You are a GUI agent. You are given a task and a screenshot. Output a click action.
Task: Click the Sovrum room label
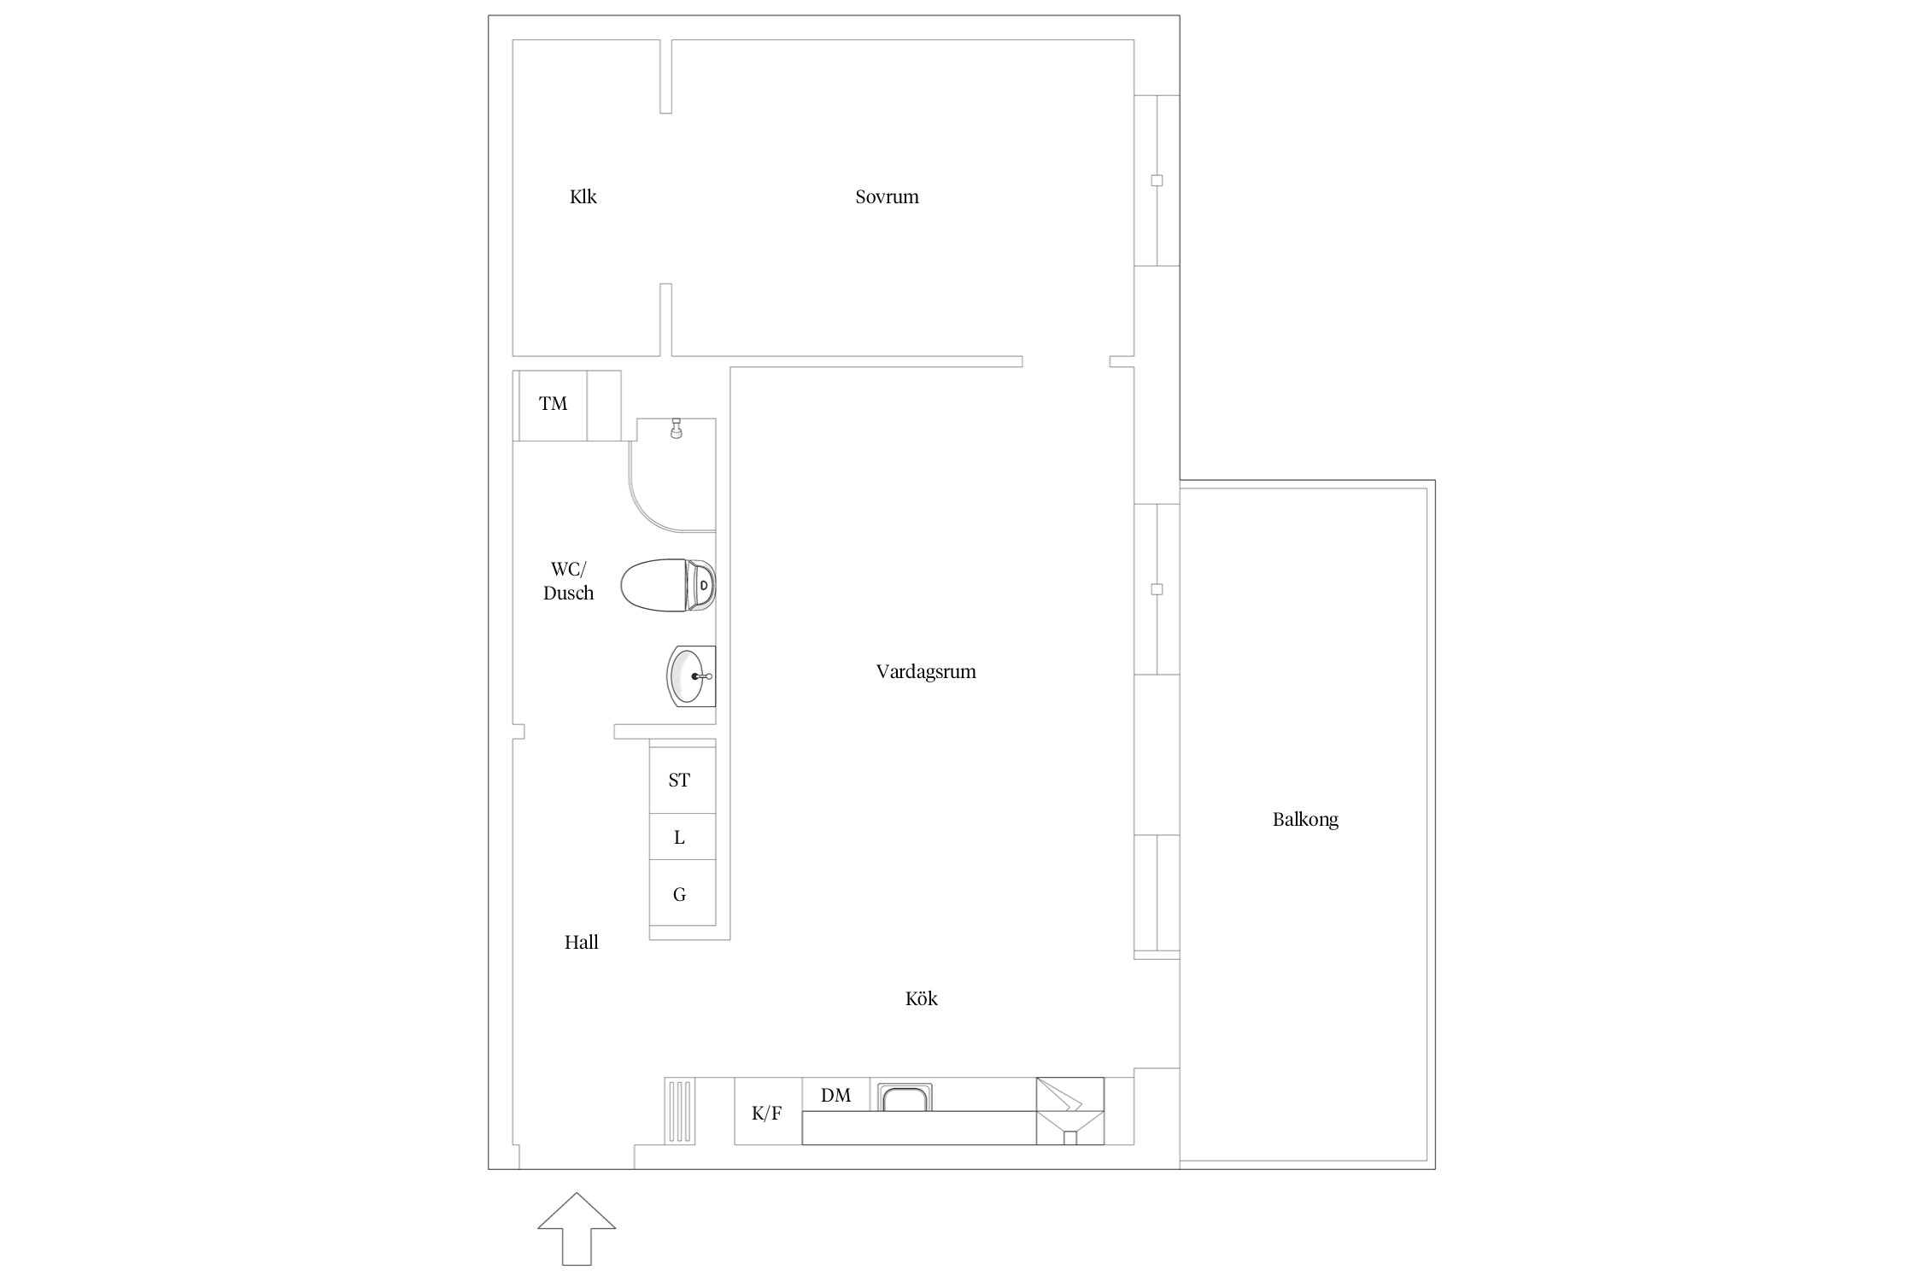click(887, 196)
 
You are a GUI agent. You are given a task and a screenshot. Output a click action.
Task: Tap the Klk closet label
click(583, 196)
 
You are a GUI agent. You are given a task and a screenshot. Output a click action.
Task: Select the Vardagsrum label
click(926, 671)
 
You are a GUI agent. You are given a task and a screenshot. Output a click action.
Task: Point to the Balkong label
click(1305, 819)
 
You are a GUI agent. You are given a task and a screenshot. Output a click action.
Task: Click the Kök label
click(922, 998)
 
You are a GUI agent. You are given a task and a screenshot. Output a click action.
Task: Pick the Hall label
click(581, 942)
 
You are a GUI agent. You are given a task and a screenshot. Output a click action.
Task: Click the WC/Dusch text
click(568, 581)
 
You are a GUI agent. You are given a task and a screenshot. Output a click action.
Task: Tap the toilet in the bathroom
click(668, 585)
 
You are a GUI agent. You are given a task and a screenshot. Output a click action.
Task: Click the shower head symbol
click(677, 428)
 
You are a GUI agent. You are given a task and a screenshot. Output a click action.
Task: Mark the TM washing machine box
click(553, 406)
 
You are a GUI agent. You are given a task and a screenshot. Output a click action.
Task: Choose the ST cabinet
click(682, 779)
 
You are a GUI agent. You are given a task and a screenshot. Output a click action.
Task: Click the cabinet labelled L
click(682, 836)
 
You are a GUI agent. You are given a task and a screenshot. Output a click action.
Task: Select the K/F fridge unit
click(768, 1111)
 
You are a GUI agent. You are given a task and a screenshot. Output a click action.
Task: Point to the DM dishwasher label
click(835, 1095)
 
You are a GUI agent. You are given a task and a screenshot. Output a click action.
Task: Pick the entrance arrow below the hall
click(577, 1228)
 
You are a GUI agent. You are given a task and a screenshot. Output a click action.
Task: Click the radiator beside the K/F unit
click(680, 1111)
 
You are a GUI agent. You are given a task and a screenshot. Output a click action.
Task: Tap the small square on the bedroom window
click(1157, 180)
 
